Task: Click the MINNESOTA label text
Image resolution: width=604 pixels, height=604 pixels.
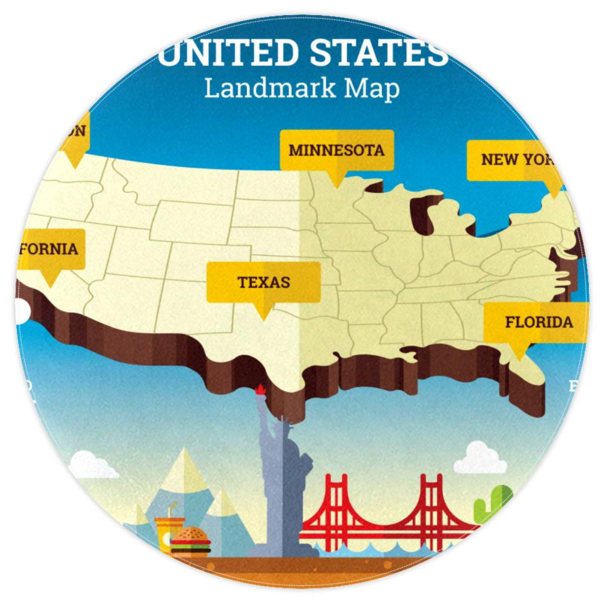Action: pyautogui.click(x=336, y=151)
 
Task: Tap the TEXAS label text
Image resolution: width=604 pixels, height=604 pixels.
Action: pyautogui.click(x=263, y=282)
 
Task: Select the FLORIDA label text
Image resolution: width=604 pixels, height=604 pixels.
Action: pyautogui.click(x=539, y=322)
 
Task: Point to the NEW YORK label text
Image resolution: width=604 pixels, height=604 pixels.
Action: pyautogui.click(x=517, y=160)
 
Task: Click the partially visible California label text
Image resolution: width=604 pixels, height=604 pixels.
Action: pyautogui.click(x=49, y=249)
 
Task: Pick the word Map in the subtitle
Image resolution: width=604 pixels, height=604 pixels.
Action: pyautogui.click(x=372, y=89)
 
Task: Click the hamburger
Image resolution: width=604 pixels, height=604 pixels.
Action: pyautogui.click(x=191, y=542)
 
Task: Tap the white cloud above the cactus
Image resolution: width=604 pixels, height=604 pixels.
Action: pyautogui.click(x=479, y=458)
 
